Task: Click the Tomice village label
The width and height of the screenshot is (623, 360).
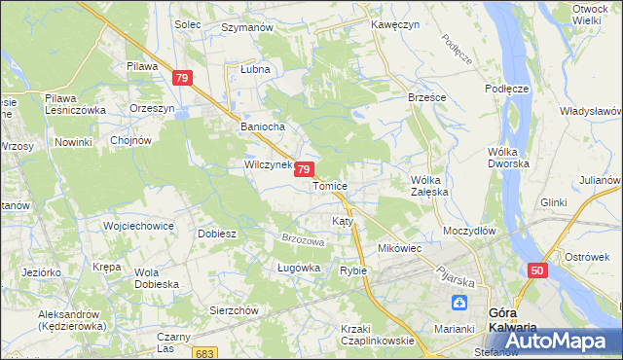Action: point(330,185)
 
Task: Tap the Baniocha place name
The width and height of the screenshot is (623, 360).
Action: point(260,126)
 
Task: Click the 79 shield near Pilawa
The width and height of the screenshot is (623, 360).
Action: point(182,78)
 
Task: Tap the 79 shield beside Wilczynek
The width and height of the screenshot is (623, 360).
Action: point(305,169)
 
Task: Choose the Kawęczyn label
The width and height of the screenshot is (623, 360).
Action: point(394,24)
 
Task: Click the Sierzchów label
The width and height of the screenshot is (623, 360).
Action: point(234,309)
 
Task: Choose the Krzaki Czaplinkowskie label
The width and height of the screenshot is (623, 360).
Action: point(378,335)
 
